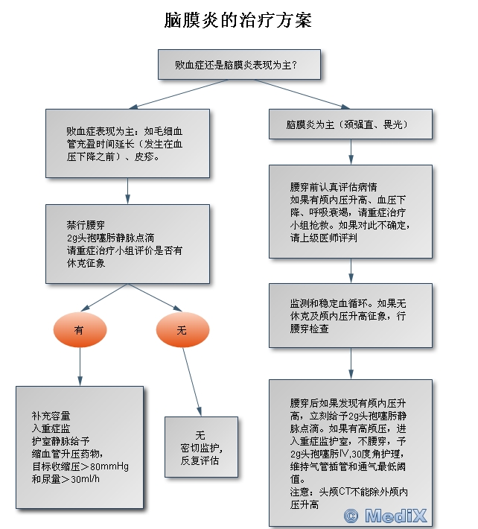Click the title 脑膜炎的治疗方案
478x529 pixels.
[238, 20]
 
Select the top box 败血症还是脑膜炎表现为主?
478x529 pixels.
[240, 64]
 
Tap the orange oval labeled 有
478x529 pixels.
[80, 329]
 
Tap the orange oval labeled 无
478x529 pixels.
[182, 329]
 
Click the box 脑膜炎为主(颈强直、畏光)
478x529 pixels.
[350, 124]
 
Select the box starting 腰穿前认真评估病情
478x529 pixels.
[350, 212]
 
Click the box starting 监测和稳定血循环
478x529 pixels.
[350, 315]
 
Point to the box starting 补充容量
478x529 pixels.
[80, 447]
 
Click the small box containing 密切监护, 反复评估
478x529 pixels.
[201, 447]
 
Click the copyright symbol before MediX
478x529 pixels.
[350, 515]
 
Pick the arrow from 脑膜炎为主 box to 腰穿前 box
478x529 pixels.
[351, 151]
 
